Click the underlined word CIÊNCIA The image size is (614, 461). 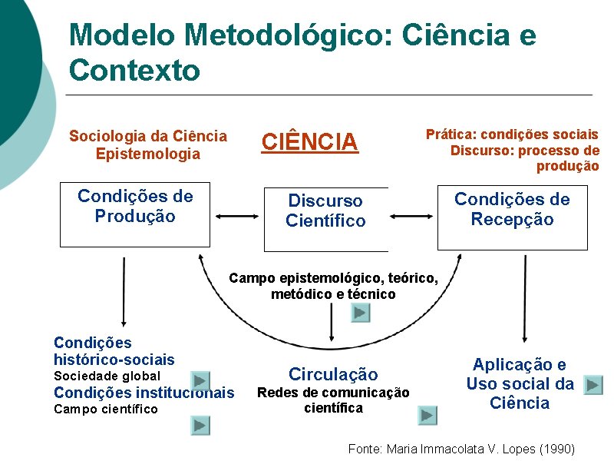point(310,142)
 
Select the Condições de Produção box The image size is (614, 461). point(135,214)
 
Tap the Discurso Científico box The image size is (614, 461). point(325,219)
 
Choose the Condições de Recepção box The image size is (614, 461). point(512,217)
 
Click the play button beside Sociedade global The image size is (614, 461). point(200,380)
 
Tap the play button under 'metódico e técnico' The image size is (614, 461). point(361,313)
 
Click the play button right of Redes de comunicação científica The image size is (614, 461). point(427,416)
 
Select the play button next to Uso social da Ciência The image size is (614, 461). point(593,385)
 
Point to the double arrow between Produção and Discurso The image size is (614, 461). point(236,217)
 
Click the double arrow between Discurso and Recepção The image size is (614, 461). point(412,217)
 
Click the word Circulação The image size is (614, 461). point(333,374)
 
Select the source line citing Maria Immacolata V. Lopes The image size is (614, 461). point(460,448)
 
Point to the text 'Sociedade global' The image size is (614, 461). point(107,376)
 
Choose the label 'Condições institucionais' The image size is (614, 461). point(144,393)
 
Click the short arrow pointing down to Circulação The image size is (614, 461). point(332,327)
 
